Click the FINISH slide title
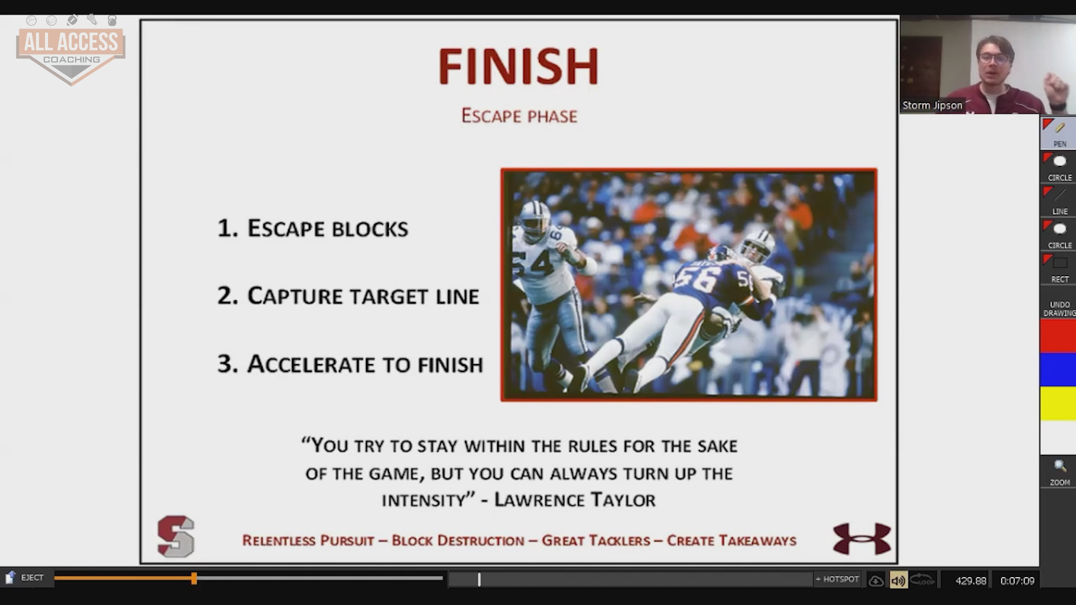(518, 66)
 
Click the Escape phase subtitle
(519, 116)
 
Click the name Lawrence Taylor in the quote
(574, 500)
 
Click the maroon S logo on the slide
(176, 537)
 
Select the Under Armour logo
(862, 539)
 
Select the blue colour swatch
(1058, 370)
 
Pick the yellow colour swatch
(1058, 403)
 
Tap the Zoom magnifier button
(1059, 472)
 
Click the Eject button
(25, 578)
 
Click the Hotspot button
(837, 579)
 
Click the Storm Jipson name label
(932, 105)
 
